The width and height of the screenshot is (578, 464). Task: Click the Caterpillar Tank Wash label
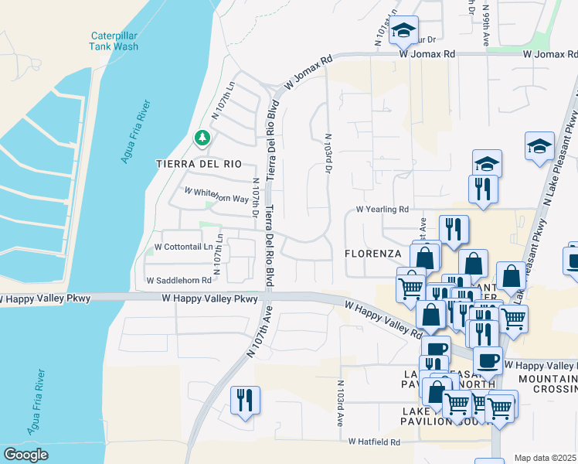point(114,41)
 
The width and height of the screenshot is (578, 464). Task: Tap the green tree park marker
point(202,138)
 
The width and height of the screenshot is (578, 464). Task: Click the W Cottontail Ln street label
point(183,247)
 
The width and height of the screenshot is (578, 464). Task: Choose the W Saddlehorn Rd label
point(178,281)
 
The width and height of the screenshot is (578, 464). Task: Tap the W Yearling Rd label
point(382,210)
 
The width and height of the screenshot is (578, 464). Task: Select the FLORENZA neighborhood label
point(372,254)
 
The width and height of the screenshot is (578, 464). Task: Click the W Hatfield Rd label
point(374,442)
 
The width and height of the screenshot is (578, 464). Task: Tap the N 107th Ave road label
point(261,333)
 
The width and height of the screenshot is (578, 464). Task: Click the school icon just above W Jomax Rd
point(403,32)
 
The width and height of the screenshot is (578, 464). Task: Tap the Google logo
point(26,455)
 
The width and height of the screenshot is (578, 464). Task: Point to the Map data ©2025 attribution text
point(546,458)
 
